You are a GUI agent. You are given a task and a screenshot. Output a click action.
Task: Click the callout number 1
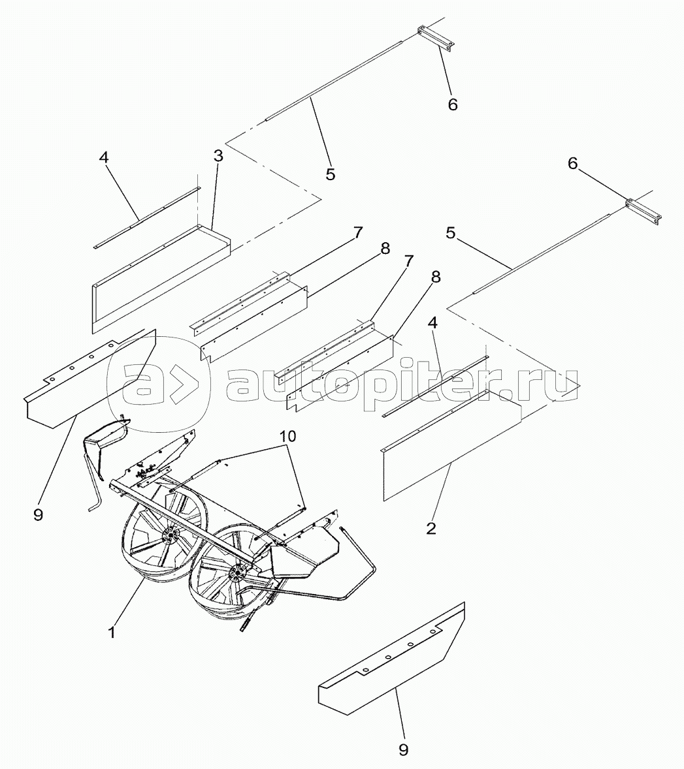coord(112,633)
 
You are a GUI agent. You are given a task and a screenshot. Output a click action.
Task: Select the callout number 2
coord(431,528)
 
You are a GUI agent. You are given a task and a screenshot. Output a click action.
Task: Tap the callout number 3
coord(218,156)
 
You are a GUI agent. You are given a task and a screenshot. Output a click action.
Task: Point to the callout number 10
coord(288,436)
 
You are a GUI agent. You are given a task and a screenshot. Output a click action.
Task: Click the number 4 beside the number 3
coord(103,157)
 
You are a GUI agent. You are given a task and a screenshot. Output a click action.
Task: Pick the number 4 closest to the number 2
coord(432,322)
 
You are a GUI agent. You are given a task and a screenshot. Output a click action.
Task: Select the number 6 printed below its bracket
coord(452,104)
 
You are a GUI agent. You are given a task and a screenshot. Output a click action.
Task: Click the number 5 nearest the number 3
coord(330,174)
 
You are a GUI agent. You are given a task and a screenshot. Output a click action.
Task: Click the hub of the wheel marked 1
coord(169,535)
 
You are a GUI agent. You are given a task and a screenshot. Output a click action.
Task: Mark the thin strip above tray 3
coord(147,217)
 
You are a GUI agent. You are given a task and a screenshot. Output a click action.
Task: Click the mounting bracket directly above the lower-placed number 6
coord(643,210)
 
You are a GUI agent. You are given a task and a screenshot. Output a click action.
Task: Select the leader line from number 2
coord(440,490)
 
